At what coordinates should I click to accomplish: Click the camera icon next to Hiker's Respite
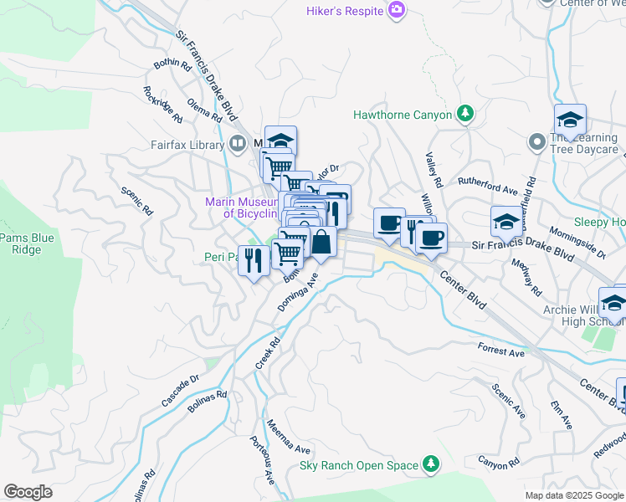[x=397, y=10]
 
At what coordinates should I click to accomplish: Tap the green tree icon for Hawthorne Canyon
[x=464, y=115]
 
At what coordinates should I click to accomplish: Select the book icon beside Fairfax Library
[x=237, y=144]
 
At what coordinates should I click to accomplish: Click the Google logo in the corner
[x=28, y=492]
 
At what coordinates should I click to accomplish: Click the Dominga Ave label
[x=300, y=293]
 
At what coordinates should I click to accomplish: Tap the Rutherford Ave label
[x=487, y=185]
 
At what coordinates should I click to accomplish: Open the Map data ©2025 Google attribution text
[x=573, y=495]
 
